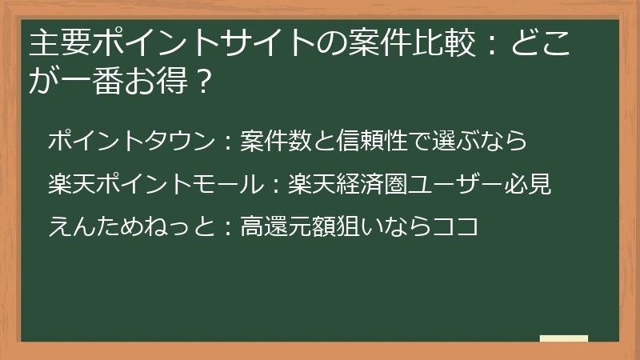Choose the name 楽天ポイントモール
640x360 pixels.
point(154,185)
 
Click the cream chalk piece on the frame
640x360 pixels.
point(563,338)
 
